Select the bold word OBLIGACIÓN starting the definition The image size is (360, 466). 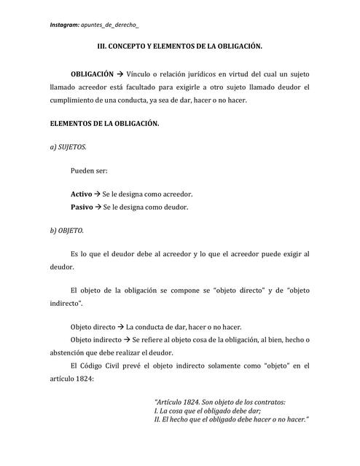(x=92, y=74)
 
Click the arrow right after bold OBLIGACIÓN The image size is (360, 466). (x=121, y=74)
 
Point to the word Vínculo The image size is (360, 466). (x=141, y=74)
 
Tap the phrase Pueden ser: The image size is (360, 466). (x=89, y=171)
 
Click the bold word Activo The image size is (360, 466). (x=81, y=194)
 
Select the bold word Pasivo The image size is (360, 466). (x=81, y=207)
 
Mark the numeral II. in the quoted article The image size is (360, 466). (x=160, y=419)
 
